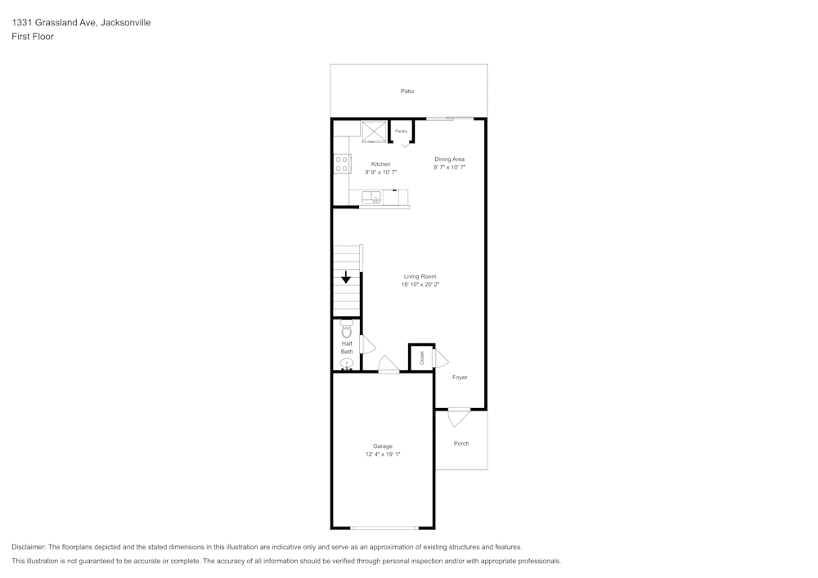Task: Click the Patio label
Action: pyautogui.click(x=407, y=92)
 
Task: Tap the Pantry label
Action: pyautogui.click(x=401, y=132)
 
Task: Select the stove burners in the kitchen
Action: pyautogui.click(x=342, y=164)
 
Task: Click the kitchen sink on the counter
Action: pyautogui.click(x=371, y=198)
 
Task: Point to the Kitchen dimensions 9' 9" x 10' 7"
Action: pyautogui.click(x=381, y=172)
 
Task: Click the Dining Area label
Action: pyautogui.click(x=449, y=159)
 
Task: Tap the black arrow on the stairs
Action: pyautogui.click(x=345, y=277)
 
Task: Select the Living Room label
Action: pyautogui.click(x=420, y=277)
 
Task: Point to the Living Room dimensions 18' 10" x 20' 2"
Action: pyautogui.click(x=420, y=285)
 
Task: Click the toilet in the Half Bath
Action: pyautogui.click(x=346, y=329)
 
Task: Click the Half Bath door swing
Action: pyautogui.click(x=367, y=344)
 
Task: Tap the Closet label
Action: pyautogui.click(x=421, y=357)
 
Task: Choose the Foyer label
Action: pyautogui.click(x=460, y=378)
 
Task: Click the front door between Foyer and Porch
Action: pyautogui.click(x=459, y=416)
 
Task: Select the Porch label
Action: pyautogui.click(x=461, y=444)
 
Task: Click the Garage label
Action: pyautogui.click(x=382, y=446)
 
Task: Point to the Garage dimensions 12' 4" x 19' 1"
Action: pyautogui.click(x=383, y=455)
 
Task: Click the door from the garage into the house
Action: pyautogui.click(x=389, y=365)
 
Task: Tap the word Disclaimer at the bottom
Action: pyautogui.click(x=28, y=547)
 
